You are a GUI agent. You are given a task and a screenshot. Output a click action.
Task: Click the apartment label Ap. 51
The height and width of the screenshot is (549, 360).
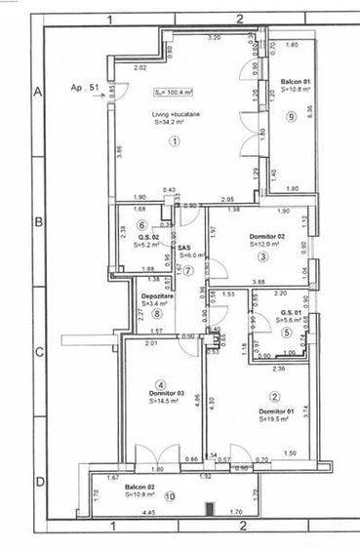tap(86, 87)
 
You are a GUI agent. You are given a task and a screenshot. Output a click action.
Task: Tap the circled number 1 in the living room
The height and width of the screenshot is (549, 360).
tap(176, 140)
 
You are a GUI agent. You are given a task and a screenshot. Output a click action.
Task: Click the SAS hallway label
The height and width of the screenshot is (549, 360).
tap(183, 248)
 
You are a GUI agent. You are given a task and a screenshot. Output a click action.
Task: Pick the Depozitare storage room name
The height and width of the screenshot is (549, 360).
tap(151, 294)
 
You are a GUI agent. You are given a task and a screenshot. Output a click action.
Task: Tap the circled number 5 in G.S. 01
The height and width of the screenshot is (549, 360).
tap(288, 332)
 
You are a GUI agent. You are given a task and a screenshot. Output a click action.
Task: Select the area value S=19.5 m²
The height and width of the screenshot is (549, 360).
tap(279, 421)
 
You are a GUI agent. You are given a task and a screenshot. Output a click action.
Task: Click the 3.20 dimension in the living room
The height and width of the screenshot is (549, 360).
tap(215, 37)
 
